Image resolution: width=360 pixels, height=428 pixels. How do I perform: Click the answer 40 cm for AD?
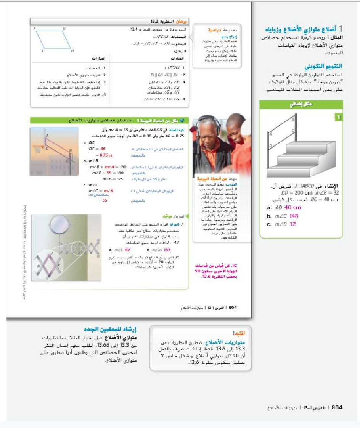click(x=292, y=208)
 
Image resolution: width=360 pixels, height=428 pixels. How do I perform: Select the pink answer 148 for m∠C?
click(x=294, y=216)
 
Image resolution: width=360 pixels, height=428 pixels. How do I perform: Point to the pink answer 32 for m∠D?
click(x=292, y=224)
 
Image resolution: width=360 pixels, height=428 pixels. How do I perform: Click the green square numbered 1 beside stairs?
click(x=337, y=118)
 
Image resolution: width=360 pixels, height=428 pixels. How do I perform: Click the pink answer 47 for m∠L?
click(x=128, y=250)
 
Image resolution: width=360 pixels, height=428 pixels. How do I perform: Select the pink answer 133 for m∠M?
click(x=167, y=250)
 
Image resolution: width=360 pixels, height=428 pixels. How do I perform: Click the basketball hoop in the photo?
click(x=38, y=149)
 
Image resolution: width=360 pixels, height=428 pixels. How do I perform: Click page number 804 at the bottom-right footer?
click(x=337, y=408)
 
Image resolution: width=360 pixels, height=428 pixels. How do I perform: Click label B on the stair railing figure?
click(x=293, y=119)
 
